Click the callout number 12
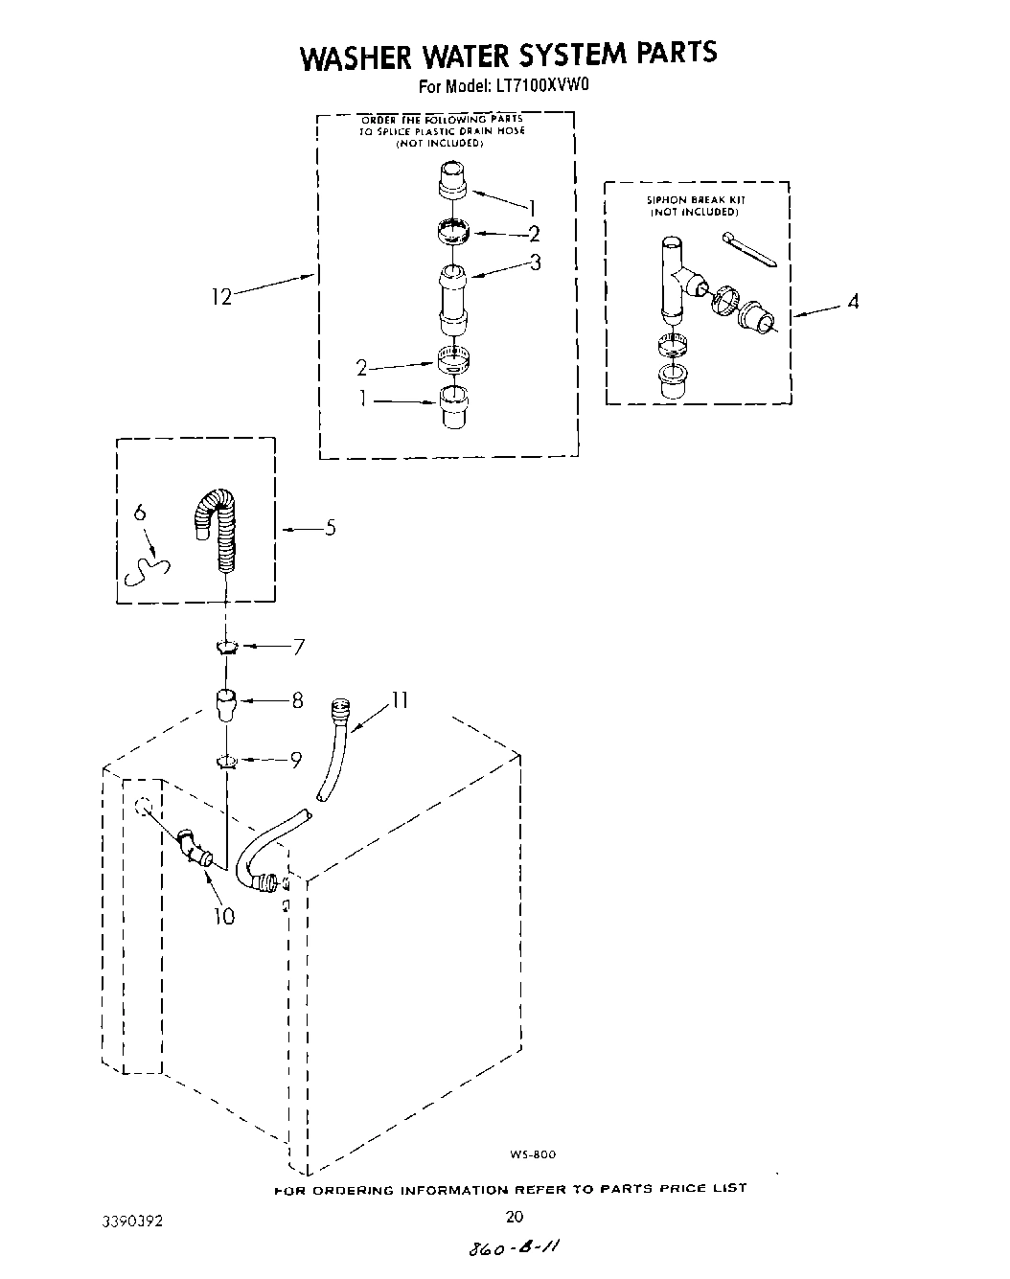coord(221,297)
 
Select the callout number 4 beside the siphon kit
coord(852,303)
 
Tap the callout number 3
coord(535,262)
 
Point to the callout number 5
coord(331,527)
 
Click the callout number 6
coord(140,514)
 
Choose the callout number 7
coord(298,647)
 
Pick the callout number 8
coord(297,701)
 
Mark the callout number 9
coord(296,760)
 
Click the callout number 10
coord(223,916)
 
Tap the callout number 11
coord(399,701)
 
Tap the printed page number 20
coord(514,1218)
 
